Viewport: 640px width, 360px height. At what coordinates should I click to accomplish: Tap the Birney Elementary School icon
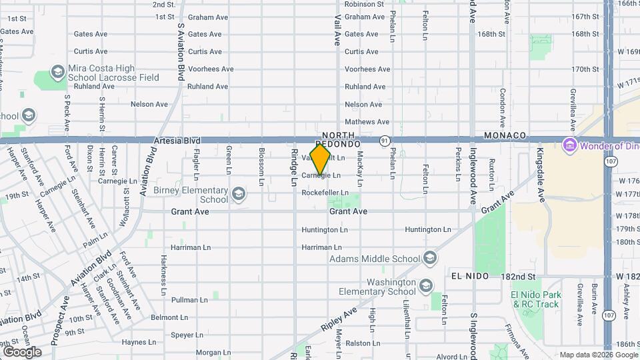click(x=239, y=194)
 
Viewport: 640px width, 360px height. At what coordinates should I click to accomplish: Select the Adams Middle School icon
click(x=430, y=258)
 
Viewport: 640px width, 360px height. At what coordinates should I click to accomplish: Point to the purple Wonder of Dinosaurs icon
click(x=569, y=145)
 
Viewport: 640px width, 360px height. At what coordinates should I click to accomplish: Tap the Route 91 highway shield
click(x=385, y=141)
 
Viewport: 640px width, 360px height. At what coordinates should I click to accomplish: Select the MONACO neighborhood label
click(x=505, y=135)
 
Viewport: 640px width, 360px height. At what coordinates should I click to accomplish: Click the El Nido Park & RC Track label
click(x=534, y=299)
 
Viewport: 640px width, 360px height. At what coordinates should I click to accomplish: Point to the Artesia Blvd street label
click(x=177, y=141)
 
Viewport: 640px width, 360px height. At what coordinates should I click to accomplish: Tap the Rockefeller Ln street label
click(x=325, y=193)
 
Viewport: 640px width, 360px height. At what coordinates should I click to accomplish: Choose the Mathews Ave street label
click(x=367, y=121)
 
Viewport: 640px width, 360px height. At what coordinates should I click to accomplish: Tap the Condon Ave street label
click(x=503, y=101)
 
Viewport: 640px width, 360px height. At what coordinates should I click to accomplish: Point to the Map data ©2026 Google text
click(x=597, y=354)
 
